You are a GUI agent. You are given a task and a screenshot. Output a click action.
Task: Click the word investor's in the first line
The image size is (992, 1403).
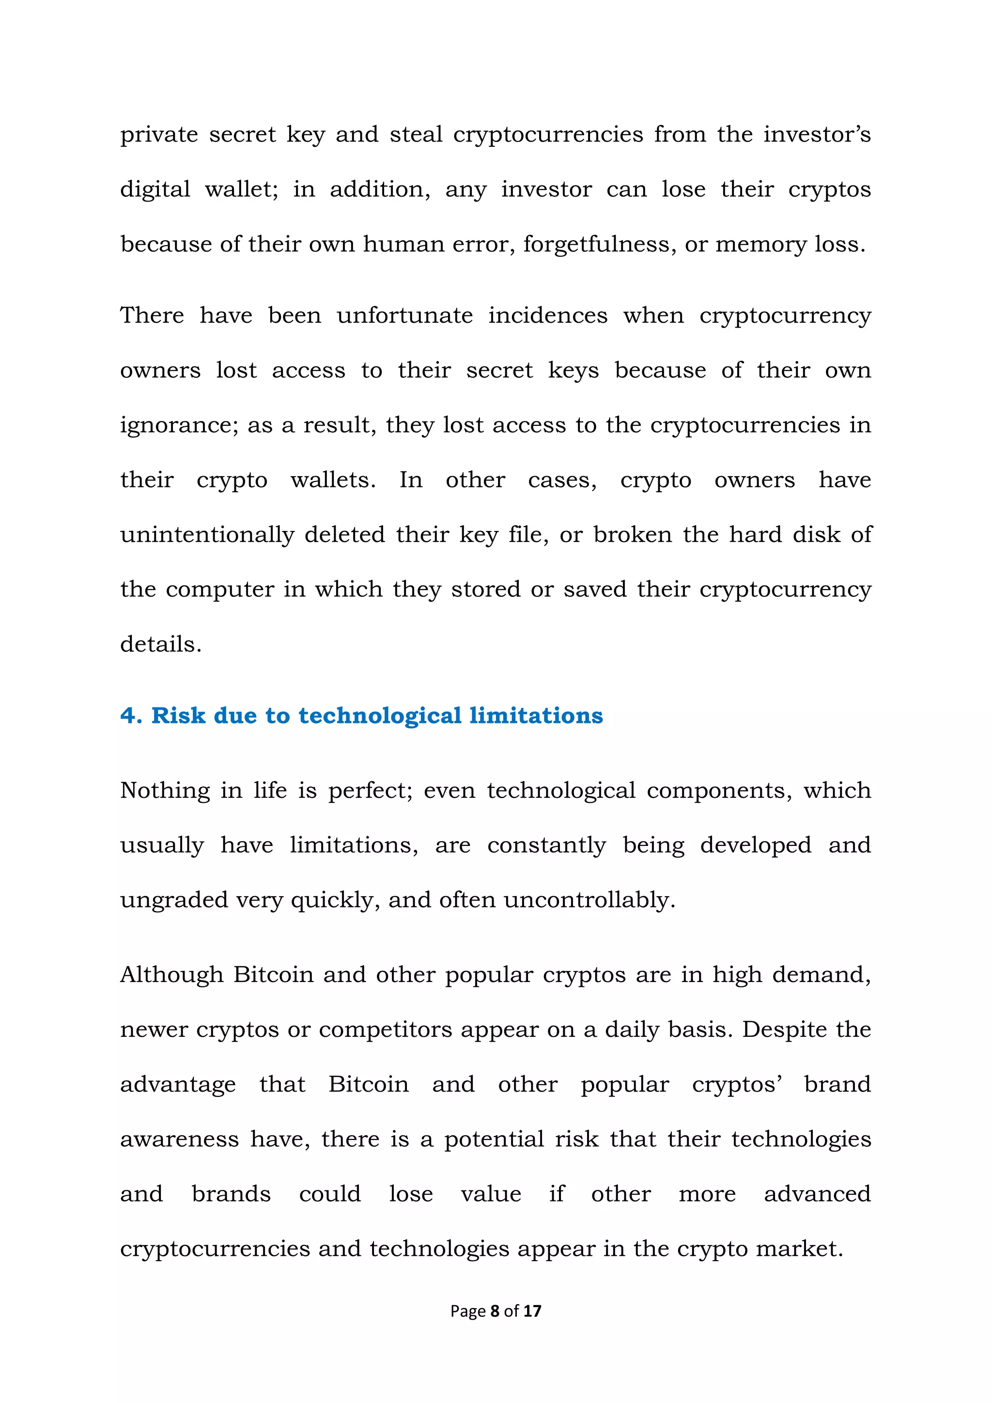click(x=817, y=134)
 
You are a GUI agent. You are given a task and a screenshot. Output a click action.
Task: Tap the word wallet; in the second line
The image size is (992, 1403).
click(x=241, y=189)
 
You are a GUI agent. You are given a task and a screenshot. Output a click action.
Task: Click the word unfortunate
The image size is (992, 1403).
click(x=404, y=315)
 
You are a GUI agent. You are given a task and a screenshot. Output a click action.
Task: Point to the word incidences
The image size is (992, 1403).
click(x=547, y=315)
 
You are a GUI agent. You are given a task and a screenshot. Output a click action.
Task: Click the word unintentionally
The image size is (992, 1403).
click(x=207, y=535)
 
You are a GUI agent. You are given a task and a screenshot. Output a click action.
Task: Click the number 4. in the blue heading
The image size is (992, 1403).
click(x=131, y=716)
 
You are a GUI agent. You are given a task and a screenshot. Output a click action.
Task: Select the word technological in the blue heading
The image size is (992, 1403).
click(x=379, y=716)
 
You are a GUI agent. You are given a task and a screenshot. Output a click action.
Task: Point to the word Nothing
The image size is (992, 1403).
click(x=165, y=791)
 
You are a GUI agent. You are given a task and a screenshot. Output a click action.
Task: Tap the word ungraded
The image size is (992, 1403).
click(x=173, y=900)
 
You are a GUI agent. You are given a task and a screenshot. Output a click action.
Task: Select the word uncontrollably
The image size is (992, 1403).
click(x=589, y=900)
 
